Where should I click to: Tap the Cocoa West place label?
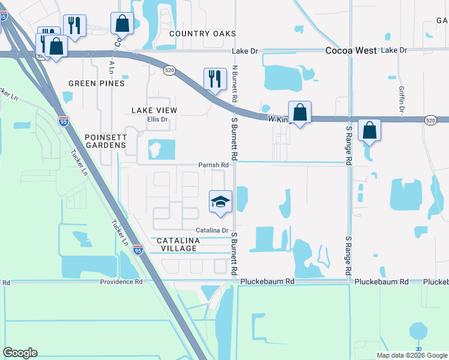[351, 51]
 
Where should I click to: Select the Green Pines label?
[97, 83]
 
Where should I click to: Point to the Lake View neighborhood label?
[154, 110]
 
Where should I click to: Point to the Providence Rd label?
[121, 281]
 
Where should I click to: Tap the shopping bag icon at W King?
[300, 112]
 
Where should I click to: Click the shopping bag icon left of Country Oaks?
[122, 23]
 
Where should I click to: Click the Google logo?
[20, 353]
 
